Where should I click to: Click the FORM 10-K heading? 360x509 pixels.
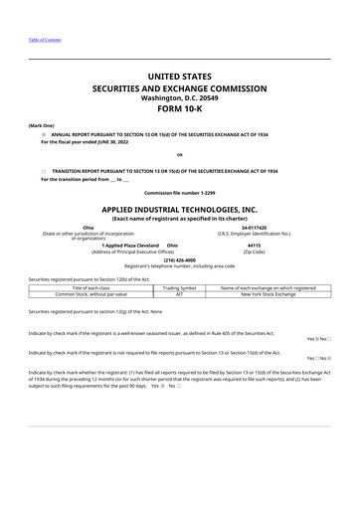[179, 111]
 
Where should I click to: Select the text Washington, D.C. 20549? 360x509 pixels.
[179, 97]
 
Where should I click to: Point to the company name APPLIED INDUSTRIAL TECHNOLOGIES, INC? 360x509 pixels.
[179, 211]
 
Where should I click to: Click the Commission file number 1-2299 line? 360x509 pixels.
[179, 191]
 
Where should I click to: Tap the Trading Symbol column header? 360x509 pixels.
[180, 288]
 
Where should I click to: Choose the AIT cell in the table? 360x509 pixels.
[180, 295]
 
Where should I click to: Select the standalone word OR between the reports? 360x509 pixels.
[179, 155]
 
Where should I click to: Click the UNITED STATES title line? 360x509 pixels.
[179, 75]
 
